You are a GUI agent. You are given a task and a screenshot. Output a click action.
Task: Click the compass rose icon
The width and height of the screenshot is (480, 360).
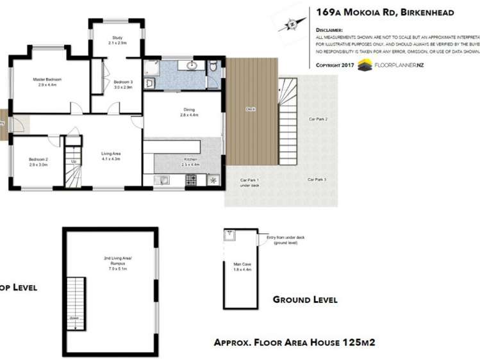(x=292, y=24)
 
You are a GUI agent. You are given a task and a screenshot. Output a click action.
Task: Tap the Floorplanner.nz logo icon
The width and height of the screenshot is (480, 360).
(x=365, y=64)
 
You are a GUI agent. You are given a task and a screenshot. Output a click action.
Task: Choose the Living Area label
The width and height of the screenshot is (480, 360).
(x=111, y=153)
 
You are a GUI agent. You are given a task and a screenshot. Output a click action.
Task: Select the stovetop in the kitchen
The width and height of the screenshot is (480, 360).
(x=191, y=181)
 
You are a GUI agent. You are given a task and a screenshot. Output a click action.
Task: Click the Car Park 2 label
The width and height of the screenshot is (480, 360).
(x=318, y=119)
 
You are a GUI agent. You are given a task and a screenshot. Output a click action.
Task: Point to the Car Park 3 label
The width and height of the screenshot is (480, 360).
(x=317, y=179)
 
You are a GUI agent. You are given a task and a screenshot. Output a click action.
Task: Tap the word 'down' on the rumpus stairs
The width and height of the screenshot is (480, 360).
(x=74, y=318)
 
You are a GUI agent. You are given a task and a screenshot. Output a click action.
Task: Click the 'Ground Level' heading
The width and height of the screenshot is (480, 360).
(x=304, y=299)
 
